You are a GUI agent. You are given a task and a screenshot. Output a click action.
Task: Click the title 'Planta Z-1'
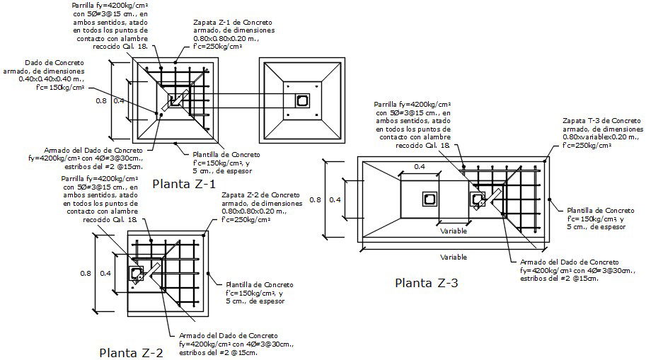(183, 185)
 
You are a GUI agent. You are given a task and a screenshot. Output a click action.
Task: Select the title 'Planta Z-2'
(131, 352)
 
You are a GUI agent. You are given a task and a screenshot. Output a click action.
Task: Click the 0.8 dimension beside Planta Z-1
(101, 101)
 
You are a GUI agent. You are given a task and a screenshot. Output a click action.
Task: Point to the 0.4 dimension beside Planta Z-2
(105, 273)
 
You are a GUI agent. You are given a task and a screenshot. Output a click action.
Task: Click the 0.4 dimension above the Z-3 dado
(419, 167)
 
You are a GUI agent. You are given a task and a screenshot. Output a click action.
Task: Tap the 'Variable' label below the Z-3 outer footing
(453, 257)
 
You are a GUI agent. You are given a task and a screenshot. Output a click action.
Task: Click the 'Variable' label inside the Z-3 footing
(453, 231)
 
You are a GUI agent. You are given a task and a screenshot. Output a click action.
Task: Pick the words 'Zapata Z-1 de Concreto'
(232, 23)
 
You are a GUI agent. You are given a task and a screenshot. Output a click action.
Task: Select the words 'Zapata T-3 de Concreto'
(603, 121)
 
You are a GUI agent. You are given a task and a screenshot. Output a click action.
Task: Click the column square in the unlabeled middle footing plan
(302, 100)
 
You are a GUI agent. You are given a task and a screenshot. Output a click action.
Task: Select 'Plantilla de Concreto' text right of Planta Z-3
(601, 210)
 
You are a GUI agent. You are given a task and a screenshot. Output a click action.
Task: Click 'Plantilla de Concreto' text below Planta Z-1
(226, 154)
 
